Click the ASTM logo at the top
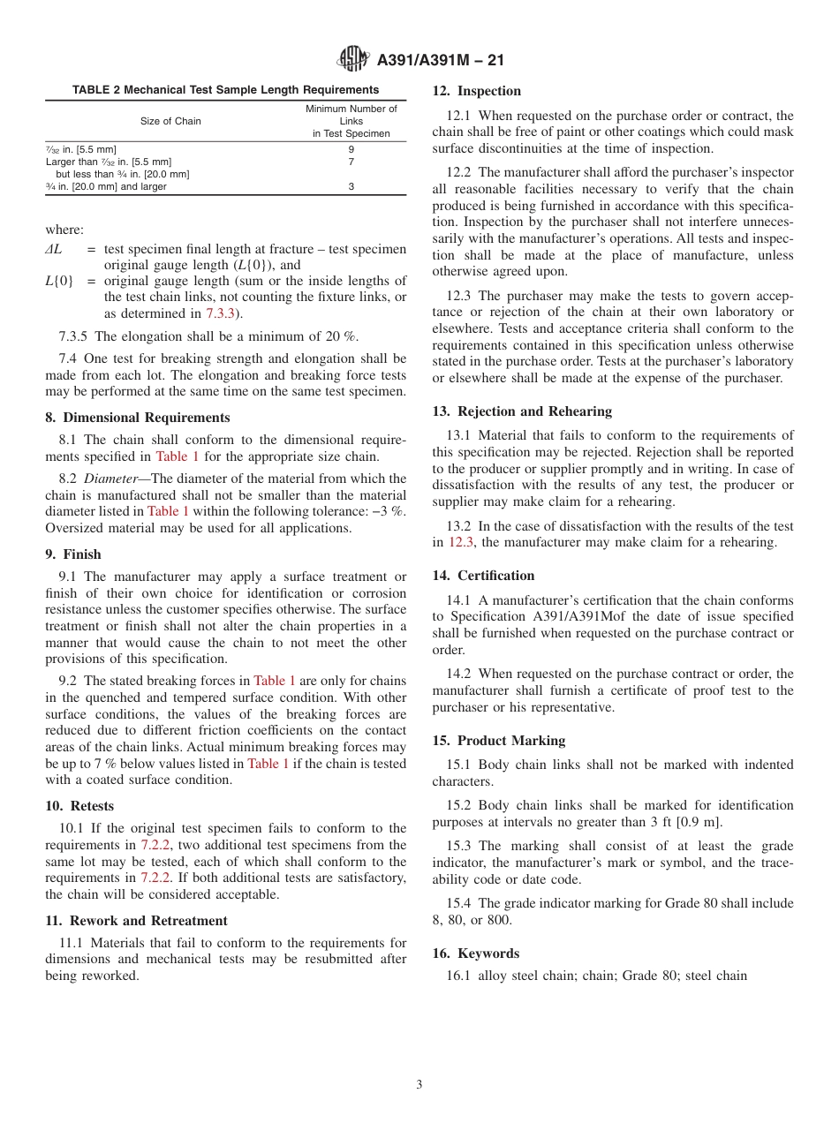(353, 59)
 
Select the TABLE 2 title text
(225, 90)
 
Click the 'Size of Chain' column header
(170, 121)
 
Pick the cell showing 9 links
(351, 149)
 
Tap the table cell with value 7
(351, 162)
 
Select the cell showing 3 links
(351, 187)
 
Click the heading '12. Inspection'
(476, 91)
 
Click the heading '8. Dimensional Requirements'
(138, 418)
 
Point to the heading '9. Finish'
(73, 554)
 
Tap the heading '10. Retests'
(79, 806)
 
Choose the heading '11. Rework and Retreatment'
(136, 921)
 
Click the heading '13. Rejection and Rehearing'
(522, 411)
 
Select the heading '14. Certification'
(483, 576)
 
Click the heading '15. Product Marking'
(498, 741)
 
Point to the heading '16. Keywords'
(475, 953)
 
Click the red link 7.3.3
(220, 313)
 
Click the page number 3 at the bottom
(419, 1084)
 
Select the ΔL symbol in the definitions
(54, 250)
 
